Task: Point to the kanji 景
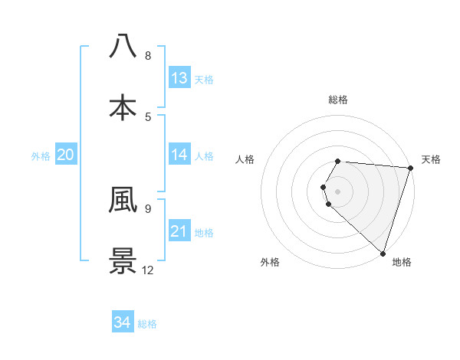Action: coord(123,260)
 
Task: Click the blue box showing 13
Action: coord(179,78)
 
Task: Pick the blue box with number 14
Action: coord(179,155)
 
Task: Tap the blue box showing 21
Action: coord(179,231)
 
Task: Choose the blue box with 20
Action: coord(66,155)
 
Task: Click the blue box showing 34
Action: coord(123,322)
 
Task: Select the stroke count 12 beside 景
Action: coord(148,270)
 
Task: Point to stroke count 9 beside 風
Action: coord(148,208)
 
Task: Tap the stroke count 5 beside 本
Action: coord(148,116)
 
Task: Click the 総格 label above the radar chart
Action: coord(338,100)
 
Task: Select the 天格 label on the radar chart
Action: coord(431,159)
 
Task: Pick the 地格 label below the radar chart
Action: coord(402,263)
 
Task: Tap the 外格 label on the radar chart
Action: coord(270,263)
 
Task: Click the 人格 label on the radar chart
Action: coord(245,159)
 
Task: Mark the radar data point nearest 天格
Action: coord(410,168)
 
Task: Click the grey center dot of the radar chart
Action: coord(338,191)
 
